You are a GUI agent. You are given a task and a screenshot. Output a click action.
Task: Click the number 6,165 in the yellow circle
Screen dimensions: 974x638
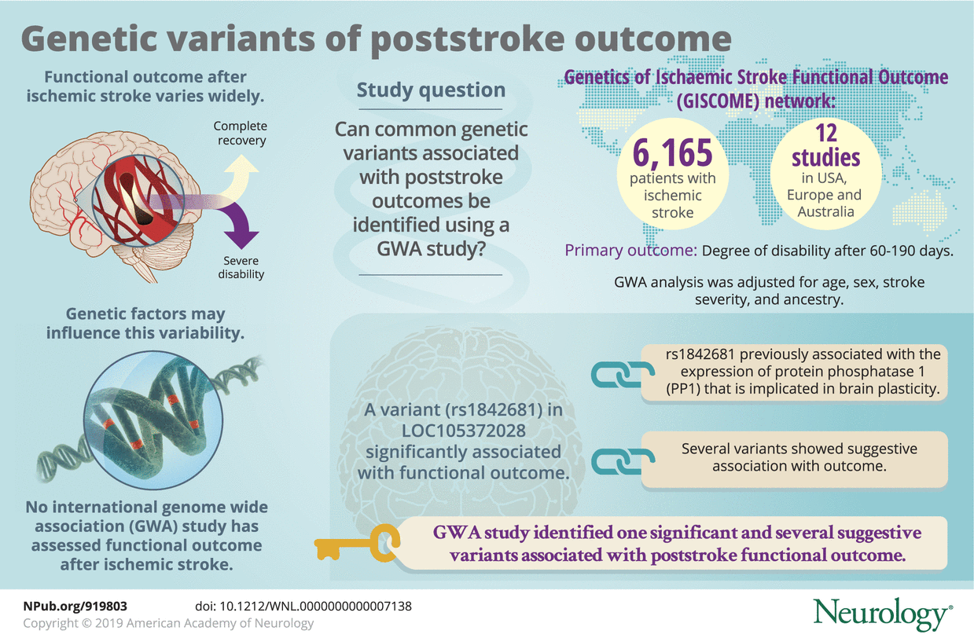pos(672,152)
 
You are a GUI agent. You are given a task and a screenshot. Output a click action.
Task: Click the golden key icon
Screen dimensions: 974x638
pos(357,543)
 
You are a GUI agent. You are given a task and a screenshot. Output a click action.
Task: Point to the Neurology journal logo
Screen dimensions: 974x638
pos(883,614)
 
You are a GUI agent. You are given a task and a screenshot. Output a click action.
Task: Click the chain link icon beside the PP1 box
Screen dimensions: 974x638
pos(623,374)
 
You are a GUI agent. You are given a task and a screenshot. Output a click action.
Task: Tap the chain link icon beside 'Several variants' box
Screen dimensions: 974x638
pos(623,460)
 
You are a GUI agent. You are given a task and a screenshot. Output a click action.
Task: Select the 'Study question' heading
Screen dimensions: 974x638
pos(431,90)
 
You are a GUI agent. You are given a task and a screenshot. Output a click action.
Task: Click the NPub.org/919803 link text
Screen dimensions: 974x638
pos(75,607)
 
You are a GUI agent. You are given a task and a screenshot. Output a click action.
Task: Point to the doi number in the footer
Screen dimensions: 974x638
pos(303,607)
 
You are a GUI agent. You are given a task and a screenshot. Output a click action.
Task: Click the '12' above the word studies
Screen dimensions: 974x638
pos(826,133)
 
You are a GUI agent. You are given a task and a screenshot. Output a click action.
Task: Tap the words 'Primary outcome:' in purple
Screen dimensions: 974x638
pos(630,251)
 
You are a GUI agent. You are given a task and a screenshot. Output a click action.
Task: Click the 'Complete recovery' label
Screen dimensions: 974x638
pos(241,133)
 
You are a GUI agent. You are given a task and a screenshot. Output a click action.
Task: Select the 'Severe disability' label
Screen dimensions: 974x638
pos(241,267)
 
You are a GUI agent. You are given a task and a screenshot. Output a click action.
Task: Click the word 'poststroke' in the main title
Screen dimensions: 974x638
pos(468,40)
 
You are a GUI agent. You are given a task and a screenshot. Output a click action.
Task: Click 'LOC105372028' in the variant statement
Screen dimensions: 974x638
pos(464,431)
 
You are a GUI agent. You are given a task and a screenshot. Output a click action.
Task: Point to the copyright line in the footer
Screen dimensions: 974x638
pos(168,623)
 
